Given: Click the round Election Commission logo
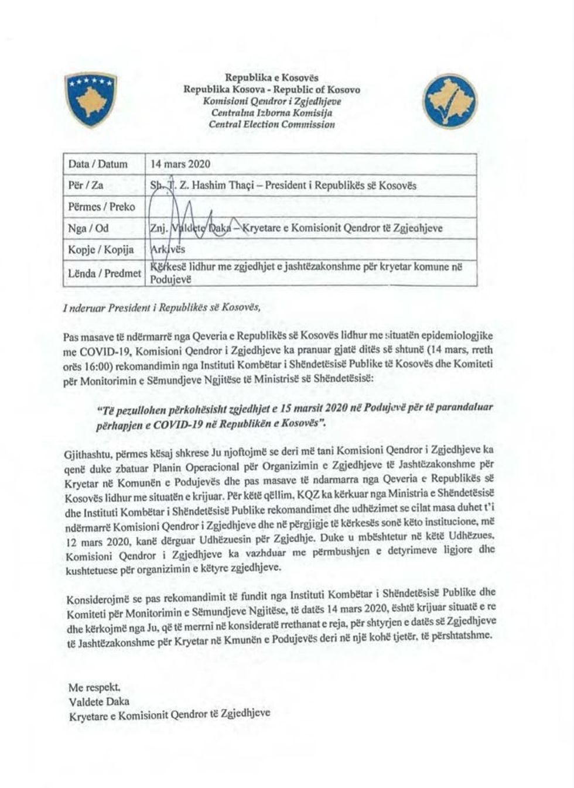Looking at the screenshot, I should click(450, 101).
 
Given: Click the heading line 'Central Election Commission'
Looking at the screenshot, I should click(272, 124).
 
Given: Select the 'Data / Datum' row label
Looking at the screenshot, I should click(98, 164).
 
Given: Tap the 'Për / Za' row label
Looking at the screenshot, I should click(86, 186).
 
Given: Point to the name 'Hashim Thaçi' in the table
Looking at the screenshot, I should click(227, 186).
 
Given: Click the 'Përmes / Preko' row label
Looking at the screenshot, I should click(101, 207).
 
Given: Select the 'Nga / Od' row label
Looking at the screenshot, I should click(88, 228).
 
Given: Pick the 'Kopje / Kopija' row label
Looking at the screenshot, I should click(101, 249).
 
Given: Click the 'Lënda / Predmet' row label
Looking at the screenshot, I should click(104, 273).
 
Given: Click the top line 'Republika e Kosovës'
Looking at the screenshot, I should click(272, 78).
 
